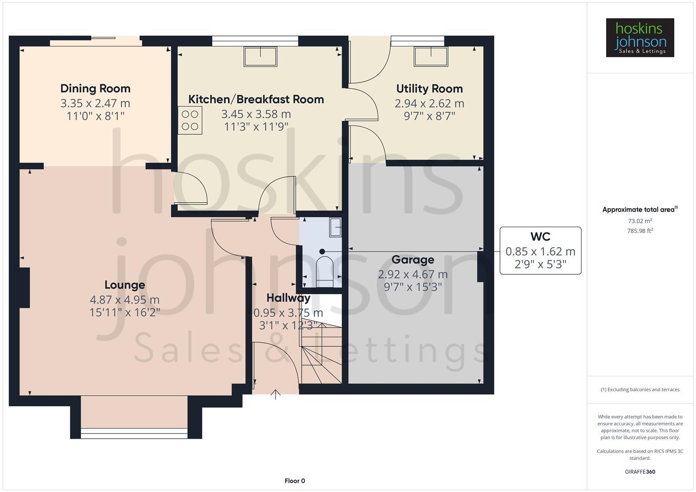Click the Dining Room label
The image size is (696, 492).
pyautogui.click(x=95, y=88)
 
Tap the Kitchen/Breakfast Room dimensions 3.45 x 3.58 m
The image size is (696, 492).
pyautogui.click(x=256, y=114)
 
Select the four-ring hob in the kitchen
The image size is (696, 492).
pyautogui.click(x=190, y=120)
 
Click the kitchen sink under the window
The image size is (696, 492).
pyautogui.click(x=260, y=56)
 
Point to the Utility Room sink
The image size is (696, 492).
pyautogui.click(x=430, y=56)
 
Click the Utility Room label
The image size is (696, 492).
pyautogui.click(x=429, y=88)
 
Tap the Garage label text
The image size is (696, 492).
pyautogui.click(x=412, y=260)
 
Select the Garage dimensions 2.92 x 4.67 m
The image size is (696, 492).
pyautogui.click(x=412, y=274)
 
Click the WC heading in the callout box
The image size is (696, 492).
pyautogui.click(x=540, y=236)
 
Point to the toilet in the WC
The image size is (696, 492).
pyautogui.click(x=325, y=272)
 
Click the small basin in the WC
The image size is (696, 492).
pyautogui.click(x=336, y=227)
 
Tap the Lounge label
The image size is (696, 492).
pyautogui.click(x=124, y=285)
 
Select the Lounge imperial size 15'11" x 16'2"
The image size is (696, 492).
pyautogui.click(x=124, y=313)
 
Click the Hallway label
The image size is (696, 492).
pyautogui.click(x=288, y=298)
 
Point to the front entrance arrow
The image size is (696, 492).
pyautogui.click(x=276, y=394)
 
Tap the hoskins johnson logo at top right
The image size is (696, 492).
pyautogui.click(x=639, y=38)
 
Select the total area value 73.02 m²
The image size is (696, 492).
pyautogui.click(x=639, y=221)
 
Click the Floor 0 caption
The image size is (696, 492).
pyautogui.click(x=294, y=481)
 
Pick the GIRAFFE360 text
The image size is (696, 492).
pyautogui.click(x=639, y=471)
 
